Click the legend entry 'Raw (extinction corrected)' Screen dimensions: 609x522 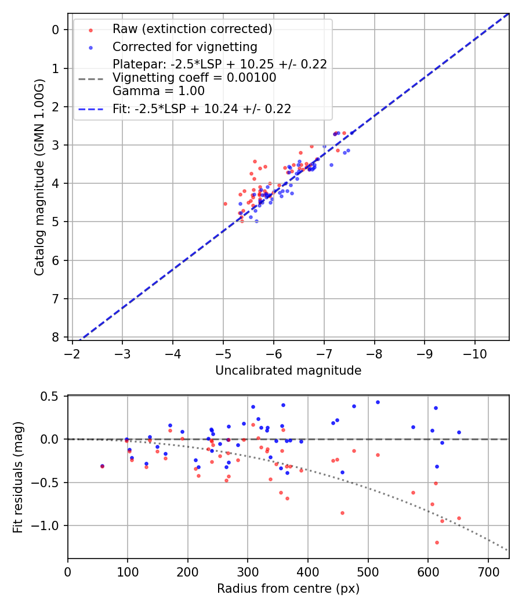(x=192, y=29)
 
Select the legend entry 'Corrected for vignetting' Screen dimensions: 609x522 (x=184, y=46)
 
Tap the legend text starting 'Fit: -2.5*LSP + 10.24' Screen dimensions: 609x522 (x=201, y=108)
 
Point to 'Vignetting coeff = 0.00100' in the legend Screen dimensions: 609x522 (x=194, y=78)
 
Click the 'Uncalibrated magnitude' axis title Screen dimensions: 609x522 (x=288, y=371)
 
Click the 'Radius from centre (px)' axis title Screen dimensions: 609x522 (x=288, y=589)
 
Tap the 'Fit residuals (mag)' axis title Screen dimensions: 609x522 (x=18, y=477)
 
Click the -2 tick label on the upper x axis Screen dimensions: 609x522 (x=72, y=353)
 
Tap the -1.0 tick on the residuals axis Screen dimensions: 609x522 (x=49, y=525)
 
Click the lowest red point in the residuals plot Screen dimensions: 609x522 (x=437, y=542)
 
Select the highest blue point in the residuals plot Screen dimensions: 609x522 (x=378, y=402)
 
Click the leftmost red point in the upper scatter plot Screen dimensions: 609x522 (x=226, y=204)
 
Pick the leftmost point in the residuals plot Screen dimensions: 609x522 (x=103, y=466)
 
